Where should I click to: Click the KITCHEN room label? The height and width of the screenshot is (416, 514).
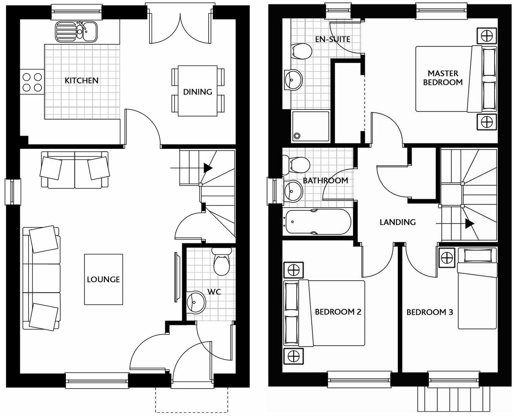pos(81,81)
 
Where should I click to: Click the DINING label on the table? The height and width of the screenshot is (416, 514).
pos(197,92)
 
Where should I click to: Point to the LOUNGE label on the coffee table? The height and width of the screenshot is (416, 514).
pos(103,279)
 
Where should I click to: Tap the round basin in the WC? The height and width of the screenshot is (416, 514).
pos(196,302)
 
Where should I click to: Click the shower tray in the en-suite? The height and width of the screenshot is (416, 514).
pos(311,126)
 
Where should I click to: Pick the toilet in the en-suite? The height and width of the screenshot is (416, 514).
pos(301,52)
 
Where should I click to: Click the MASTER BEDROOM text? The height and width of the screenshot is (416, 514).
pos(443,78)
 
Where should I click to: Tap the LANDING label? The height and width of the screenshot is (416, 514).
pos(397,222)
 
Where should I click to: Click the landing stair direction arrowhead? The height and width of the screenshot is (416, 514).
pos(470,224)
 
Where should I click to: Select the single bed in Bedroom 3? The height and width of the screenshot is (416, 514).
pos(477,289)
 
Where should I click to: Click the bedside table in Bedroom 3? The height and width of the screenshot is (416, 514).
pos(447,258)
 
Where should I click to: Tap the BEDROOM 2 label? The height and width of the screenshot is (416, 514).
pos(338,312)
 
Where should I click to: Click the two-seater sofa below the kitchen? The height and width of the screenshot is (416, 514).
pos(75,169)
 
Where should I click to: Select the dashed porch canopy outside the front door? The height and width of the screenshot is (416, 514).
pos(192,400)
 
